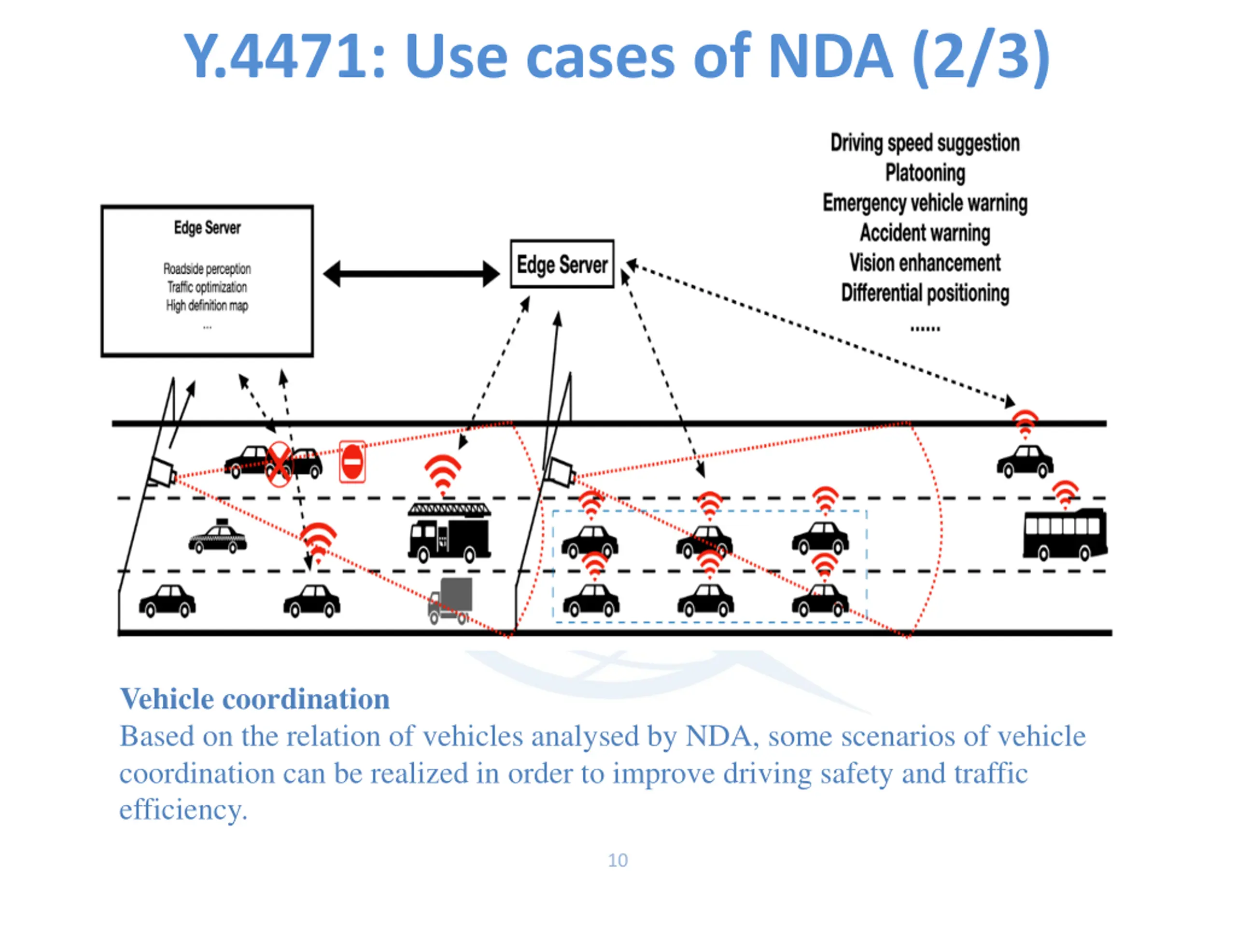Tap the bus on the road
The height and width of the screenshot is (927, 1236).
(x=1065, y=534)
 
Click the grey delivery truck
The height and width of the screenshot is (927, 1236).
(x=450, y=601)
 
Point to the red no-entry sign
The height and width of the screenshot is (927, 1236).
(x=352, y=462)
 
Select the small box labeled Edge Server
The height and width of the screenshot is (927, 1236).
(x=562, y=264)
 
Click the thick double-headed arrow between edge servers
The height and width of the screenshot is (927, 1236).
(x=412, y=274)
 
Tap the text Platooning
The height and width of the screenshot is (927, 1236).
(x=925, y=173)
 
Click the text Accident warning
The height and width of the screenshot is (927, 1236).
(x=925, y=232)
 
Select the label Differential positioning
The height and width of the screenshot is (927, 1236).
(x=925, y=293)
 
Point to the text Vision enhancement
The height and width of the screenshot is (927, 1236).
(x=925, y=263)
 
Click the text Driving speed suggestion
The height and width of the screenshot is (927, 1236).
(x=925, y=143)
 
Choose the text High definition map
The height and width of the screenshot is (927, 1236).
(x=207, y=305)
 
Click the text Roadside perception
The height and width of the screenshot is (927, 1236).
(x=207, y=269)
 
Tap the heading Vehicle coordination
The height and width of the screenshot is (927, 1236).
(x=255, y=699)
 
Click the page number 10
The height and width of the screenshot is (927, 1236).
(x=618, y=860)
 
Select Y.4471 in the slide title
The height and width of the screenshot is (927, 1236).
(x=284, y=56)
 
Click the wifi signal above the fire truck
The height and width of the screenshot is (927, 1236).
(x=443, y=475)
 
